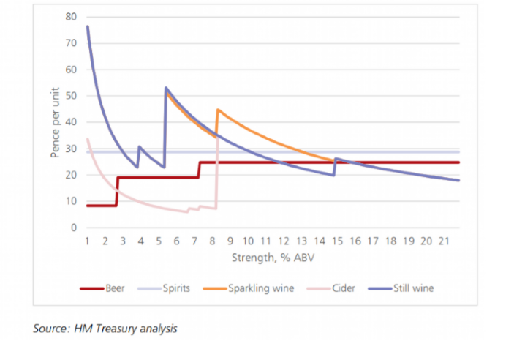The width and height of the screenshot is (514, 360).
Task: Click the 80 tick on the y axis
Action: point(72,17)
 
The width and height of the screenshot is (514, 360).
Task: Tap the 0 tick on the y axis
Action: point(74,228)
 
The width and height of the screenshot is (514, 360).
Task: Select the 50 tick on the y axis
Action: point(72,96)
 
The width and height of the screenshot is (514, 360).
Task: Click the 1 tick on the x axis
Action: point(87,240)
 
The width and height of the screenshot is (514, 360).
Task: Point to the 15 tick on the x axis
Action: point(336,240)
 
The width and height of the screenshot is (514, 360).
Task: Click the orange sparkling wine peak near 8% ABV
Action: point(218,110)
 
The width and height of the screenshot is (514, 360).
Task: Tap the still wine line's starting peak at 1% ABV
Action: point(88,27)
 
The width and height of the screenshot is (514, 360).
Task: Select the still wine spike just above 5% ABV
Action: point(167,89)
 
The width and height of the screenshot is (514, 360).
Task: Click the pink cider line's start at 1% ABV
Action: point(88,139)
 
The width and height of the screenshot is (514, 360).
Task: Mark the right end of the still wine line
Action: point(458,180)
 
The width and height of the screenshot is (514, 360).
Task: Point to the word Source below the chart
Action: point(50,329)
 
